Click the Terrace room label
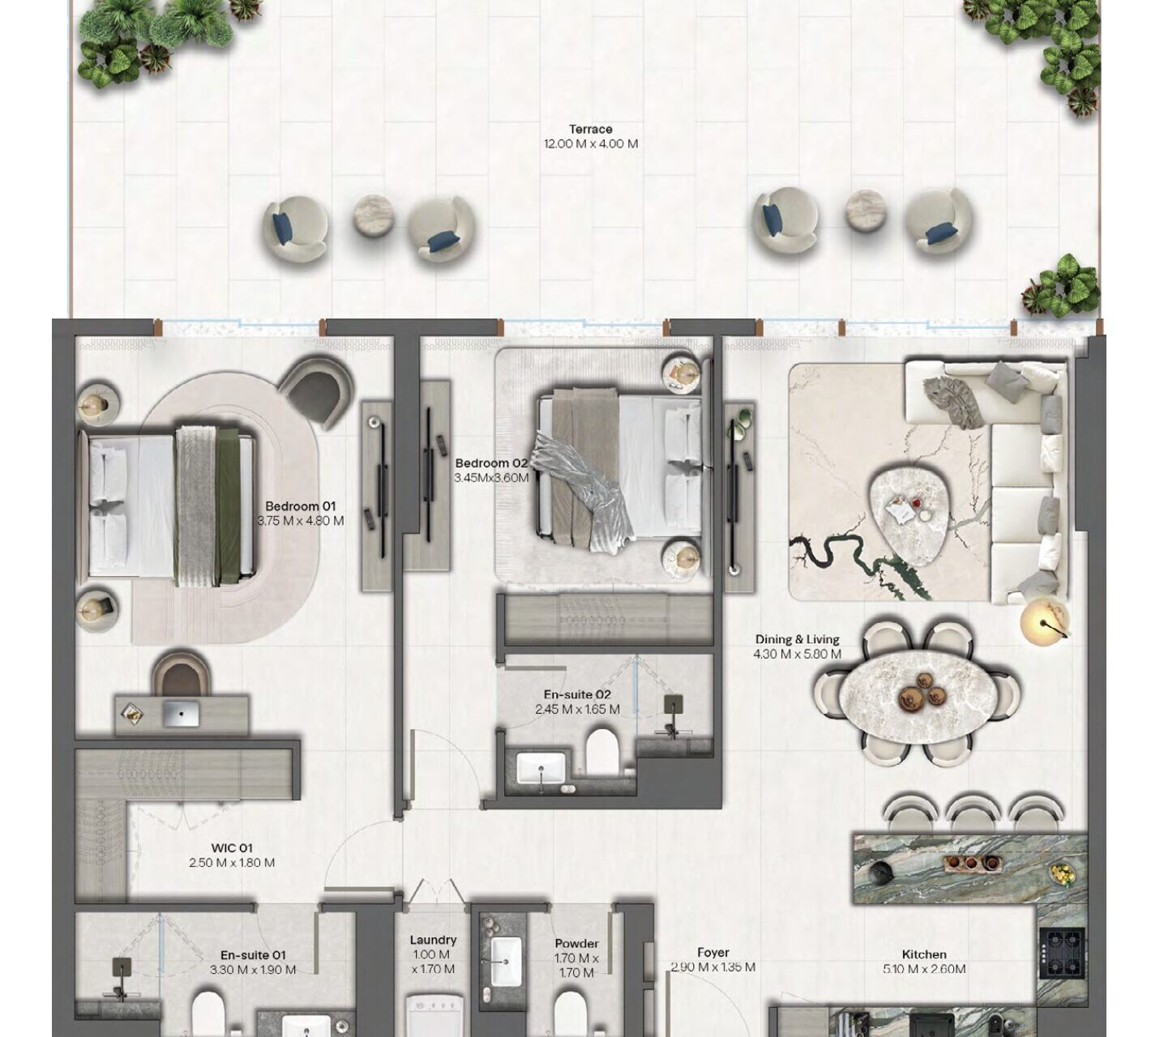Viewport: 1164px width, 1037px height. (591, 129)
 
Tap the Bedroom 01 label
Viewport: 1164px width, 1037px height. (300, 506)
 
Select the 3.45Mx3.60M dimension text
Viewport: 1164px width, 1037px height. (491, 478)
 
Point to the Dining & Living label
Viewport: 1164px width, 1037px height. (797, 639)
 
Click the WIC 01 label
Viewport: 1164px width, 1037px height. (232, 848)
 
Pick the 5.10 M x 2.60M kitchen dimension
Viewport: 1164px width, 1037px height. (924, 969)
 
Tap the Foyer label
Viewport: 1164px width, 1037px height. (713, 953)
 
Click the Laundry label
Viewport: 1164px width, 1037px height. (433, 940)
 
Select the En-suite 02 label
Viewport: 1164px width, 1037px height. (577, 695)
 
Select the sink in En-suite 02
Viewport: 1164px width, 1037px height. (541, 768)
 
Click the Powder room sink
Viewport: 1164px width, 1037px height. (507, 961)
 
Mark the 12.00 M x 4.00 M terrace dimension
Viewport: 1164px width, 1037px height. (591, 144)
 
